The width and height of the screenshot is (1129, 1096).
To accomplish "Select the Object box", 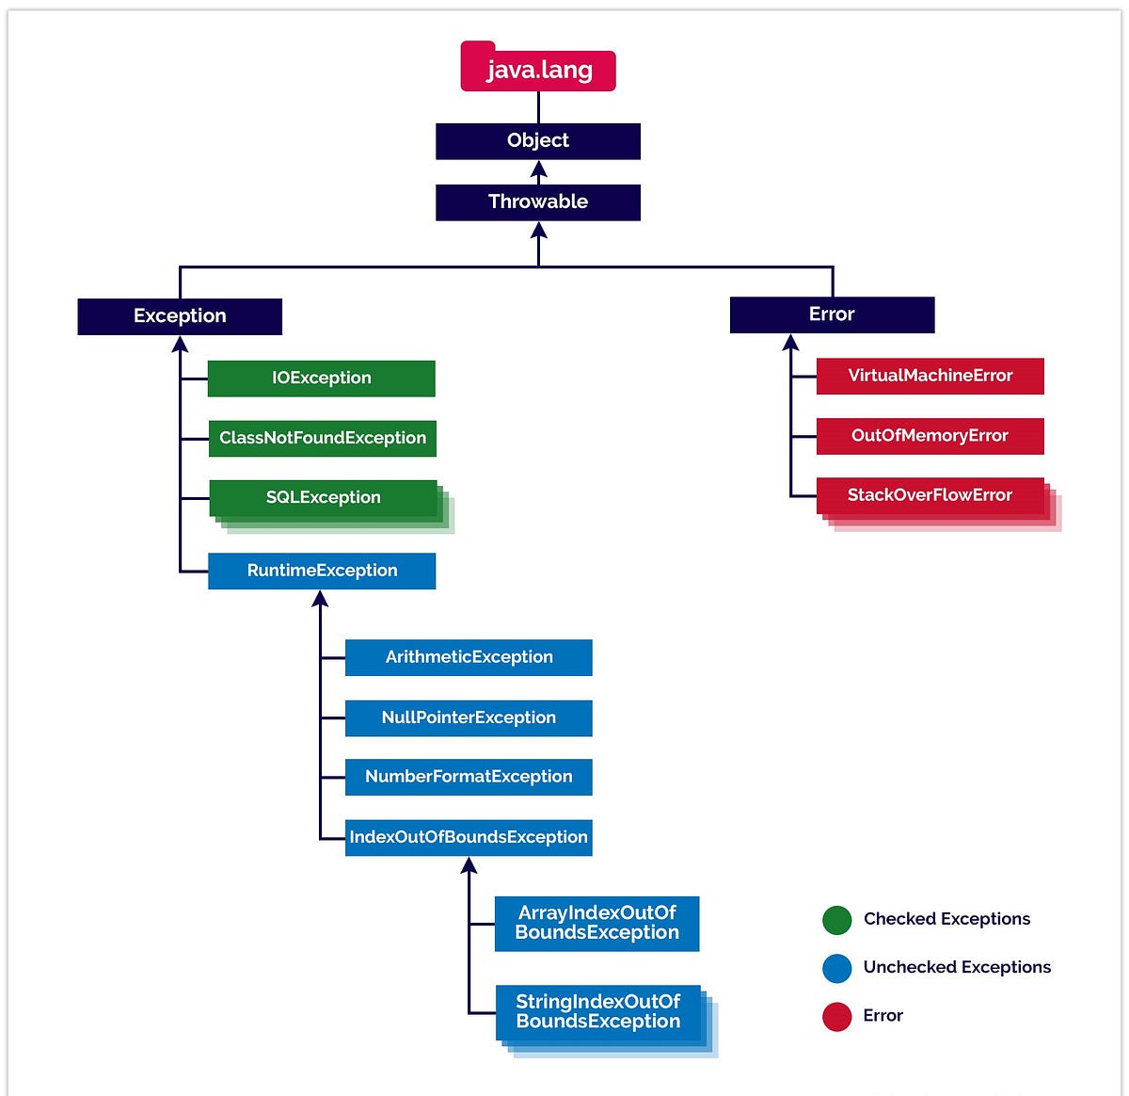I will click(538, 141).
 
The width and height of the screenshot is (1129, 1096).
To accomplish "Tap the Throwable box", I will click(538, 202).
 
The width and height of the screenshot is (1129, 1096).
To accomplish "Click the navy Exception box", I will click(180, 316).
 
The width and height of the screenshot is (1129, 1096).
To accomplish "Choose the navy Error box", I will click(832, 314).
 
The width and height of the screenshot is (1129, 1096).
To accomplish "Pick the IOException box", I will click(322, 379).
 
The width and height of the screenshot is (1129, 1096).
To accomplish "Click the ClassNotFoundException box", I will click(323, 439).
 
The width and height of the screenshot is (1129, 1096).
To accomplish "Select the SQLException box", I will click(324, 498).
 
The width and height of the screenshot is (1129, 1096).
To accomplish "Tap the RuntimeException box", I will click(322, 572).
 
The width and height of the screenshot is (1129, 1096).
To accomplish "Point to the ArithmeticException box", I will click(469, 657).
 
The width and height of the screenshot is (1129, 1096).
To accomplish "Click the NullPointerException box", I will click(469, 717).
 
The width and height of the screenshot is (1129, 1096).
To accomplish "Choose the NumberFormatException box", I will click(469, 777).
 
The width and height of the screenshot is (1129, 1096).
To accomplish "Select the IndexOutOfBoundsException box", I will click(469, 837).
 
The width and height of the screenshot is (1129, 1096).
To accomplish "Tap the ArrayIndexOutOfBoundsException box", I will click(596, 923).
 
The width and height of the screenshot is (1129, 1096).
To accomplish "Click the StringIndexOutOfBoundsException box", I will click(598, 1012).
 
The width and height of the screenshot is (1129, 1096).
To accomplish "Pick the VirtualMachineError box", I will click(930, 376).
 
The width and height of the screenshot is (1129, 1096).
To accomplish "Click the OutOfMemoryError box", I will click(930, 436).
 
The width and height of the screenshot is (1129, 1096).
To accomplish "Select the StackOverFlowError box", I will click(930, 496).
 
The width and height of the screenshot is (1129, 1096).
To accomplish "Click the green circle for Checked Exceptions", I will click(836, 920).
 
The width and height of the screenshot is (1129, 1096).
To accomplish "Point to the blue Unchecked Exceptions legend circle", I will click(836, 968).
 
